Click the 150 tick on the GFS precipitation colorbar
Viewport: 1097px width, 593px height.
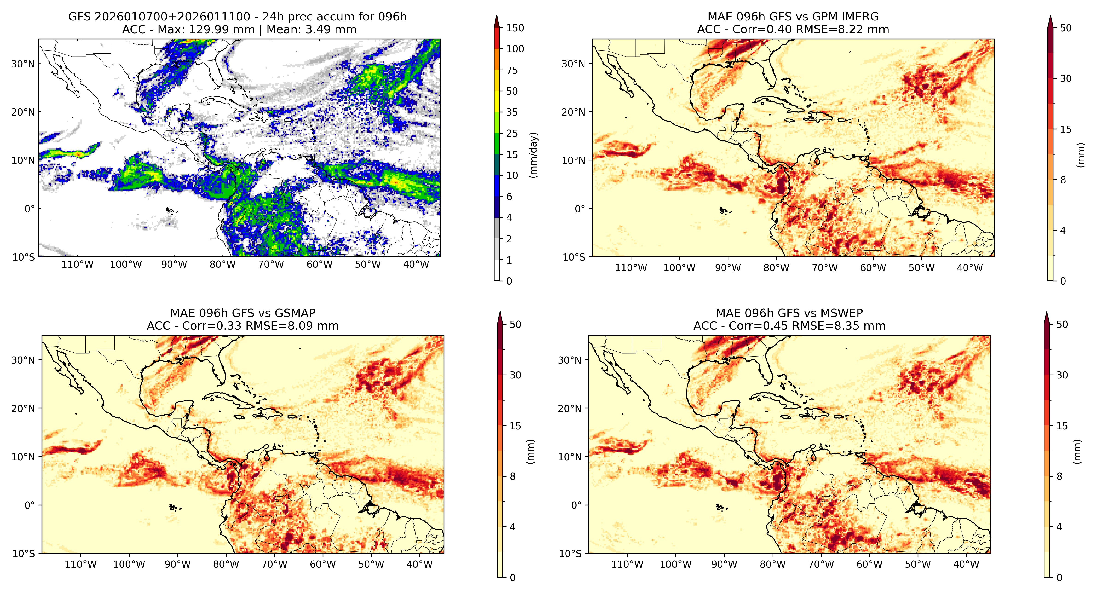[x=515, y=28]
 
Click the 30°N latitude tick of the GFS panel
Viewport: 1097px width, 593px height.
[x=23, y=64]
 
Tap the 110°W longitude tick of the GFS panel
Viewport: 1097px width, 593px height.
[x=77, y=265]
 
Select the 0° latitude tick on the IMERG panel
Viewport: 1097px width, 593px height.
[x=580, y=209]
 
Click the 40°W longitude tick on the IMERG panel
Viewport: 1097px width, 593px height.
[x=970, y=268]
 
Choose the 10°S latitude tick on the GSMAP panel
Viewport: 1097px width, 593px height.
[x=23, y=553]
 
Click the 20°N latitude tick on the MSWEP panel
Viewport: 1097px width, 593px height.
[x=570, y=408]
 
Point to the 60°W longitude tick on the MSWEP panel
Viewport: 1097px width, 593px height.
[x=869, y=564]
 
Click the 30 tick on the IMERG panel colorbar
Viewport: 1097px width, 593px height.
[x=1065, y=79]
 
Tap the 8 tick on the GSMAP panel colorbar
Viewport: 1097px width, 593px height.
[x=512, y=477]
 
